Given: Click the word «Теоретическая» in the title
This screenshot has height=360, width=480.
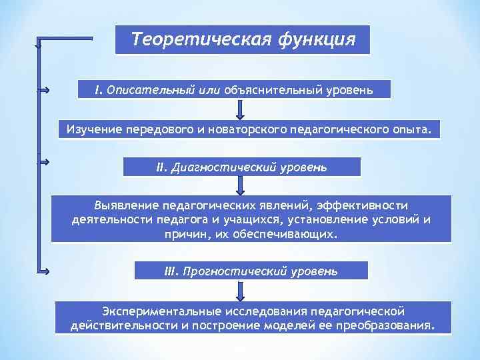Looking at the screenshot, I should [196, 39].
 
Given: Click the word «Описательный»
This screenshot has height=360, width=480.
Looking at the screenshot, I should [145, 89].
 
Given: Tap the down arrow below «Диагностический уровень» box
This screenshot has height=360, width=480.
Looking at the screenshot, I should [241, 185].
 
